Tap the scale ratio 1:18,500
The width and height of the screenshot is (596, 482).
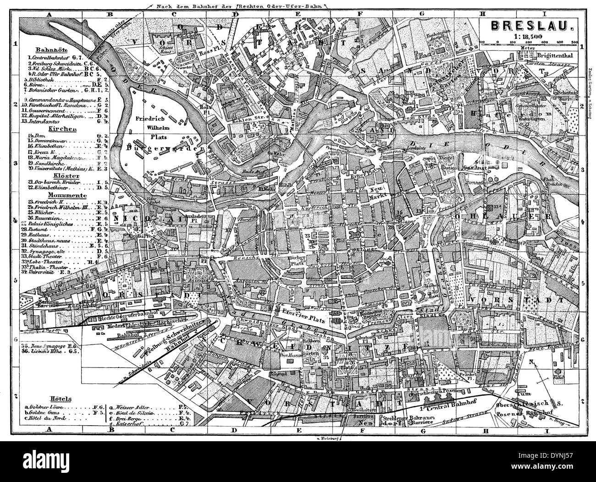pos(526,37)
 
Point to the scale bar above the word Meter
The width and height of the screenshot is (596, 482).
pos(526,44)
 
